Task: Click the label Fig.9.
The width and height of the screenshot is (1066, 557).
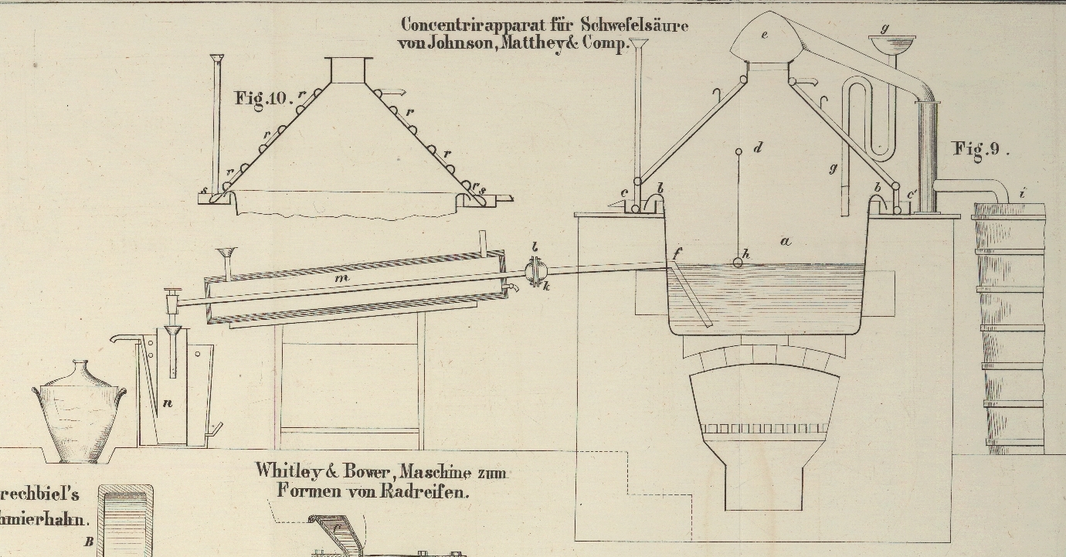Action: pyautogui.click(x=980, y=149)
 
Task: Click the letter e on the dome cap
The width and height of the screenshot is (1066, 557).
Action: pyautogui.click(x=765, y=34)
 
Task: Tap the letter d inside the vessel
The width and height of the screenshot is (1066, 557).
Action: pyautogui.click(x=758, y=146)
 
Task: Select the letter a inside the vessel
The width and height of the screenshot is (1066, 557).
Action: pyautogui.click(x=786, y=242)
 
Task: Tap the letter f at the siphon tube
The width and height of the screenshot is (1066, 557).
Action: pyautogui.click(x=677, y=253)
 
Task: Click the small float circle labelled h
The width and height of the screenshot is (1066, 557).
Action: pyautogui.click(x=738, y=263)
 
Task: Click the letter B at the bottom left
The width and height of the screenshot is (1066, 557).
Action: pyautogui.click(x=89, y=542)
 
